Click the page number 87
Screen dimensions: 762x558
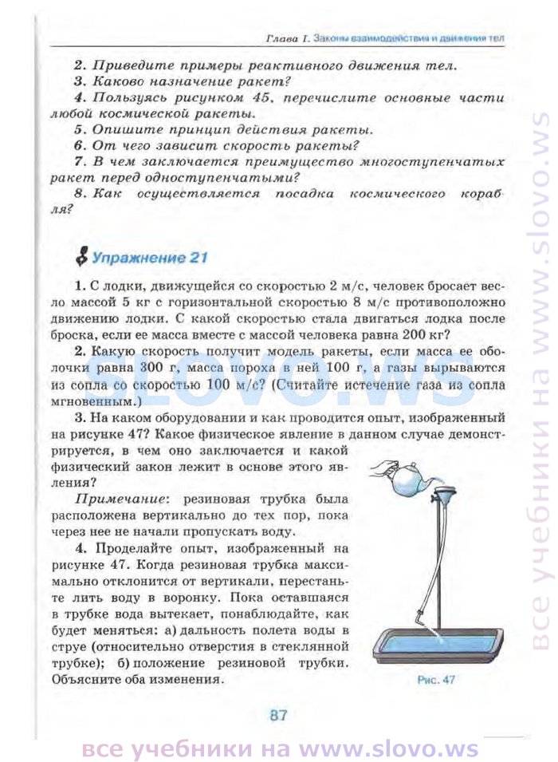coord(277,714)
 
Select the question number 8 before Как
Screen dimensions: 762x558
coord(78,193)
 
